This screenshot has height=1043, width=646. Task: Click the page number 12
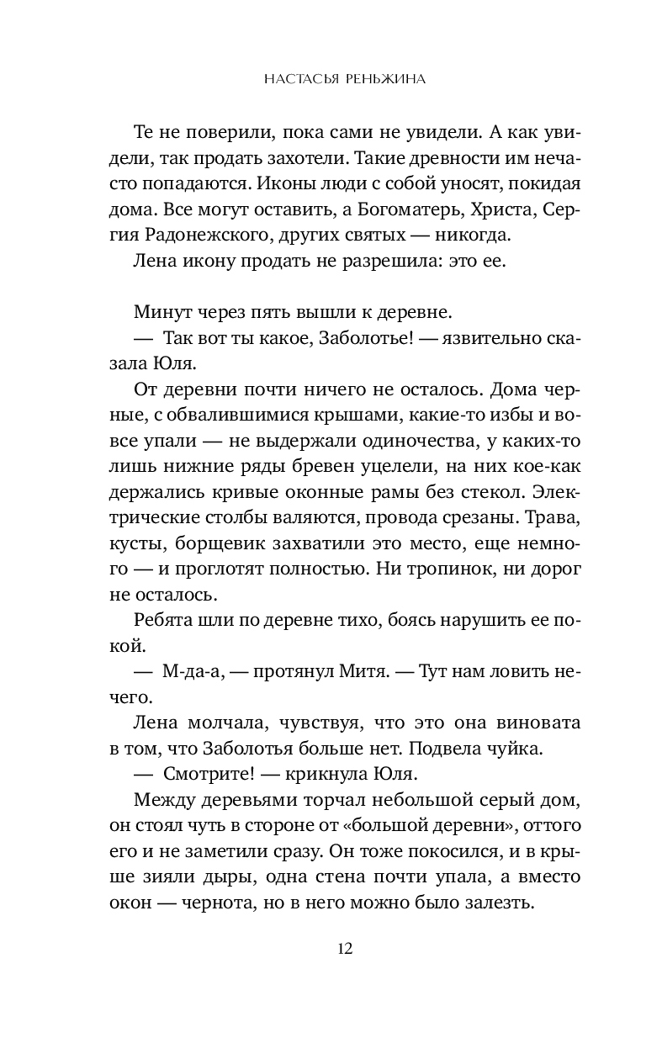pyautogui.click(x=344, y=949)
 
